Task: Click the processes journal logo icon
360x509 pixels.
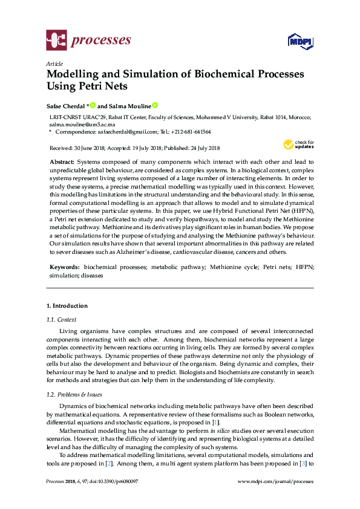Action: coord(56,41)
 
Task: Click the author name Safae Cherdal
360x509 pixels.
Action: coord(66,105)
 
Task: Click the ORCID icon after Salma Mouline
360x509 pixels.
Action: coord(155,105)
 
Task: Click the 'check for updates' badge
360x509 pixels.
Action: coord(298,144)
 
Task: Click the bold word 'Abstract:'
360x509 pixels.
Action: coord(61,163)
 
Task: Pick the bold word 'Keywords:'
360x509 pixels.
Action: coord(64,267)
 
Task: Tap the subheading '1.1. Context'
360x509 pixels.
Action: coord(61,319)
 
